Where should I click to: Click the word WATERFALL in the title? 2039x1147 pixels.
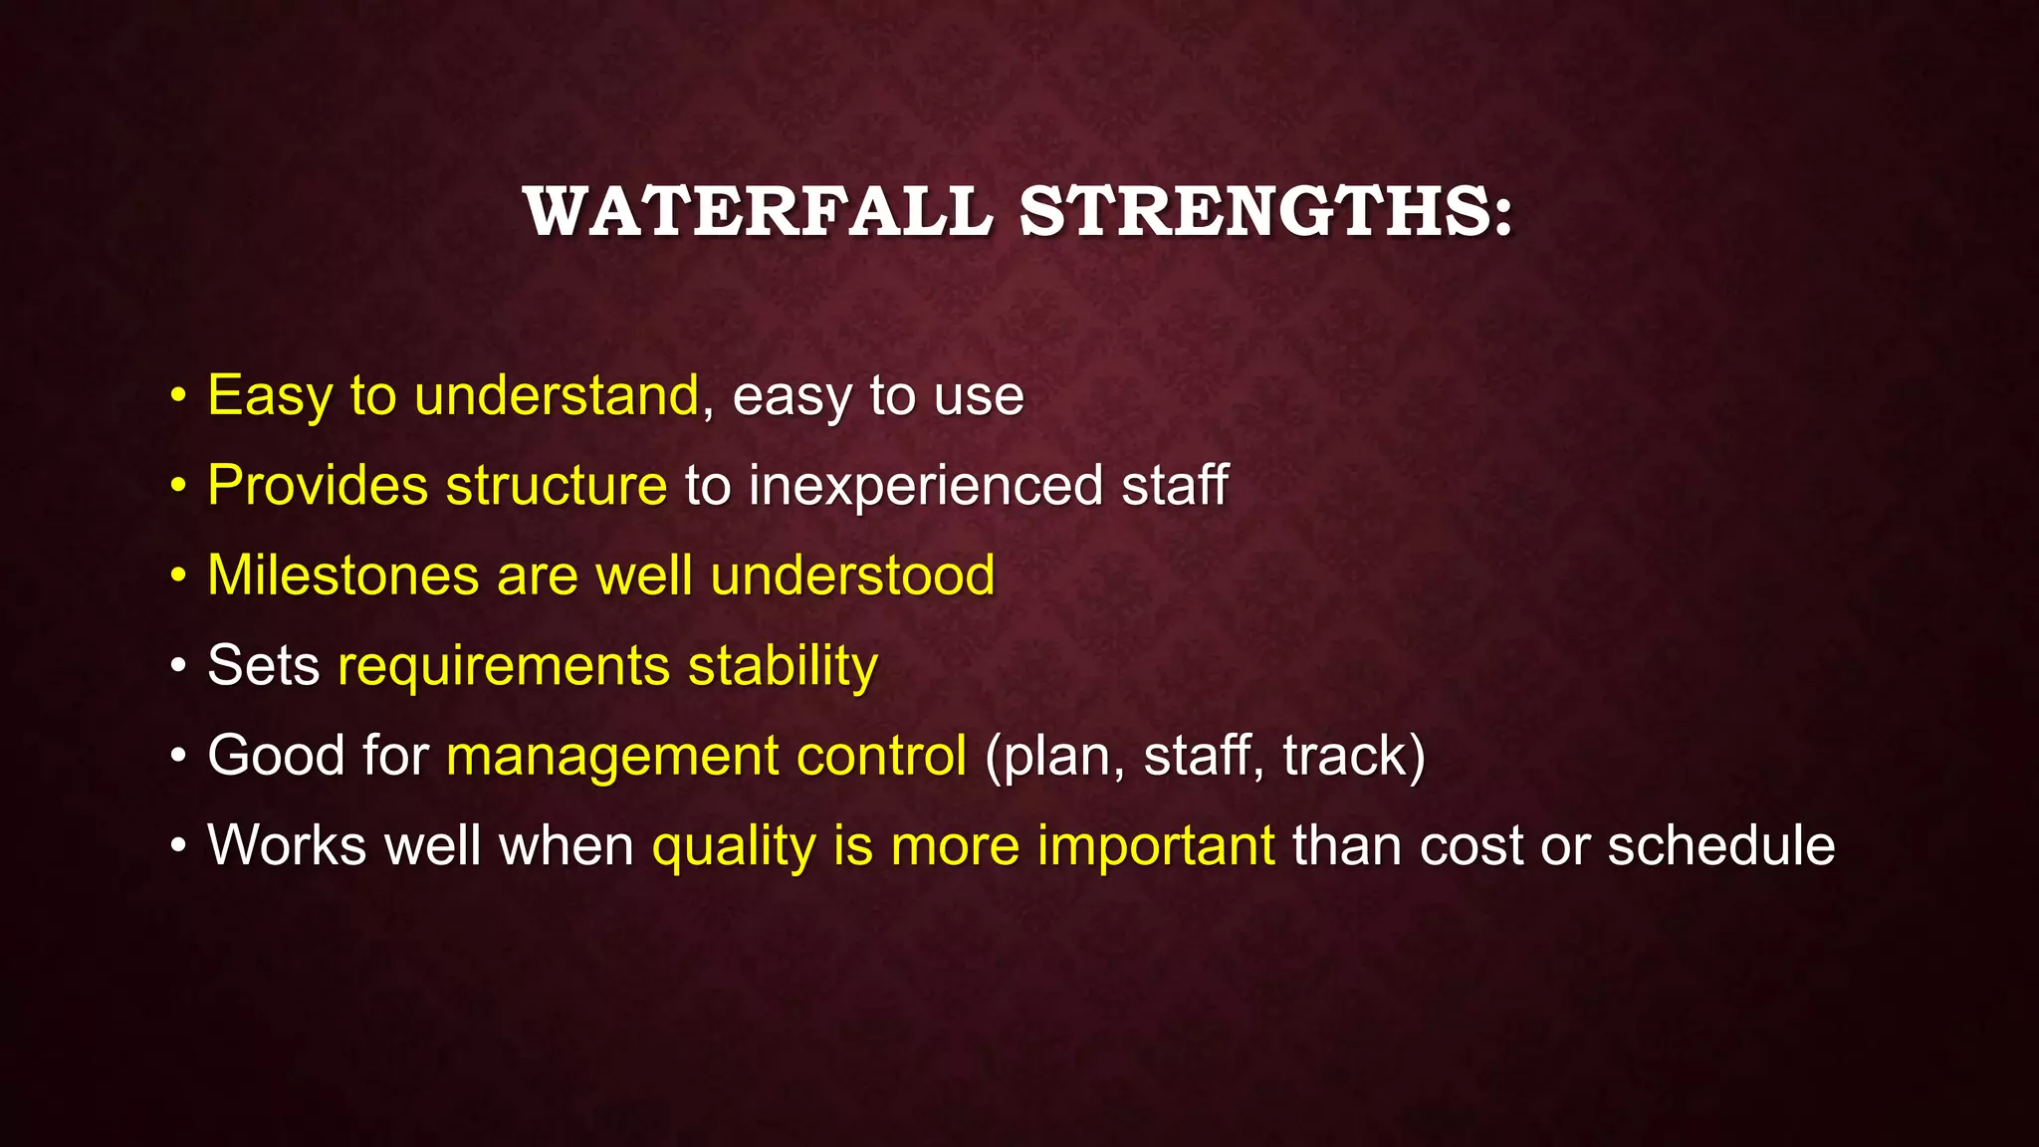click(x=758, y=212)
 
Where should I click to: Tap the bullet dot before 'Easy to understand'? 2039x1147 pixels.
click(x=178, y=396)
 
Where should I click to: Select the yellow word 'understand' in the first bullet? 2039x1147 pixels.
click(x=557, y=395)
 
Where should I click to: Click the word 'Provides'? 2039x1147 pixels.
click(x=318, y=486)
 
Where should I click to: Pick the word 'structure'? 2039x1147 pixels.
click(x=557, y=486)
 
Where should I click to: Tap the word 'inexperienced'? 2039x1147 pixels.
click(x=925, y=487)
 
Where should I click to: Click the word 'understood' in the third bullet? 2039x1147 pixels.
click(x=852, y=575)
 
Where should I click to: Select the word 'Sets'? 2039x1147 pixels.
click(x=263, y=665)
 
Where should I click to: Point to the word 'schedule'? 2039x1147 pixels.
click(x=1720, y=846)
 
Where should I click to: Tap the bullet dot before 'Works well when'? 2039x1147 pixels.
click(x=178, y=846)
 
